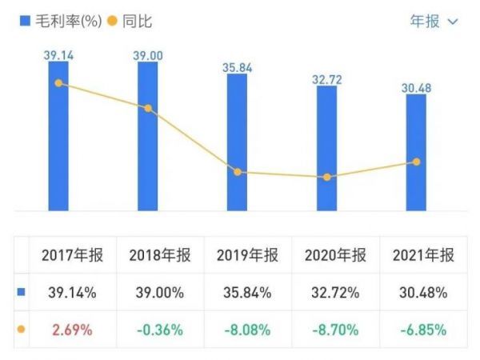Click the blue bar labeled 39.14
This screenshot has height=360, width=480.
[x=58, y=136]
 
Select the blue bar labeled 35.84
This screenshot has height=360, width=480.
[x=237, y=144]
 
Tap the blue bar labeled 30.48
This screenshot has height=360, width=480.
[x=415, y=152]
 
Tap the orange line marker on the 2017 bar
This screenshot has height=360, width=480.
[x=58, y=82]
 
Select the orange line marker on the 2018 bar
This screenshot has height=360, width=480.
[x=147, y=108]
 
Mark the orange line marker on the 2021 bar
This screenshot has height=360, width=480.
[x=415, y=162]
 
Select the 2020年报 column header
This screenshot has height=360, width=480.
[x=335, y=256]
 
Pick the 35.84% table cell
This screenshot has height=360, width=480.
[x=247, y=292]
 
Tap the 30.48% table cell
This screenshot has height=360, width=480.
[x=423, y=292]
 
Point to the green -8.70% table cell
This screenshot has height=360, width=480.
[x=335, y=329]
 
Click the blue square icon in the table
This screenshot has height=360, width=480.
[x=22, y=292]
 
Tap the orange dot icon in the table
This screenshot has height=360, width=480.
[x=22, y=329]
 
